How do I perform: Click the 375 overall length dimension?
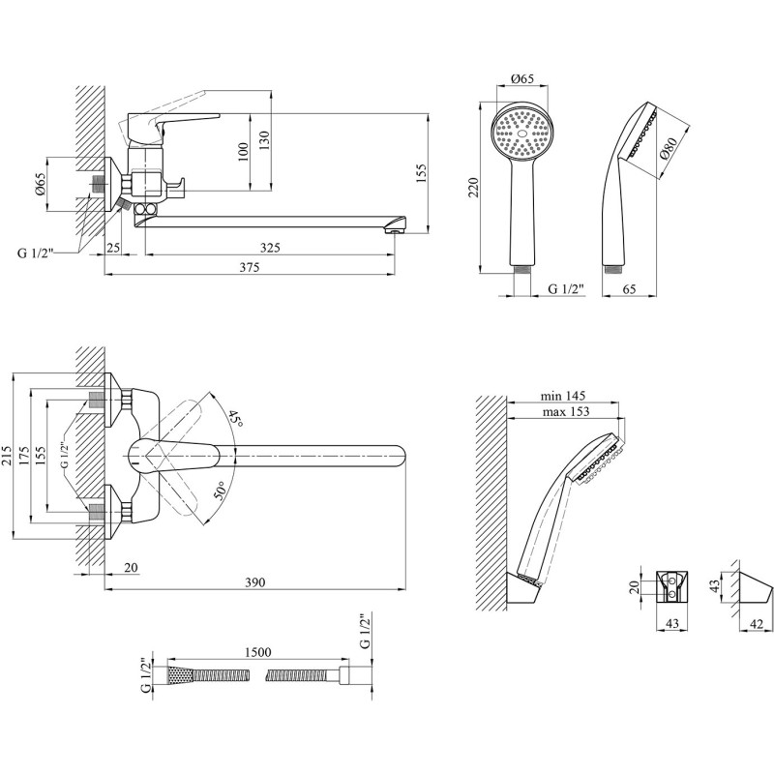[x=250, y=268]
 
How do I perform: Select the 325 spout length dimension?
[x=270, y=249]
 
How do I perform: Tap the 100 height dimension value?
[x=243, y=150]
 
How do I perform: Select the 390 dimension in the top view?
[x=253, y=582]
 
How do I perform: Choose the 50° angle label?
[x=223, y=490]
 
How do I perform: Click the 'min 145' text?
[x=563, y=397]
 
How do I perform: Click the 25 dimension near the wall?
[x=114, y=249]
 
